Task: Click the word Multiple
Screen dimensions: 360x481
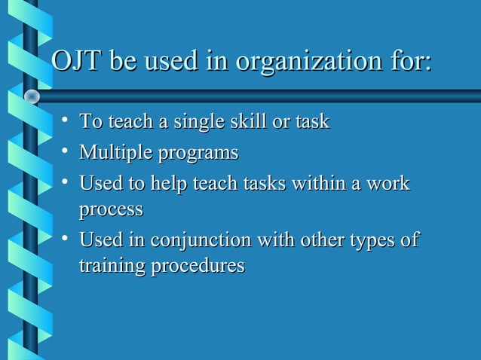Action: coord(115,153)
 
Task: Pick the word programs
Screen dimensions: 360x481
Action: coord(198,154)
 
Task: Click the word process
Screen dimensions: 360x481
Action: coord(111,209)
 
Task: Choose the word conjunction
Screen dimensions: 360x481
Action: coord(200,241)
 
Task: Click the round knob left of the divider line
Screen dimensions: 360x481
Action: coord(32,96)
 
